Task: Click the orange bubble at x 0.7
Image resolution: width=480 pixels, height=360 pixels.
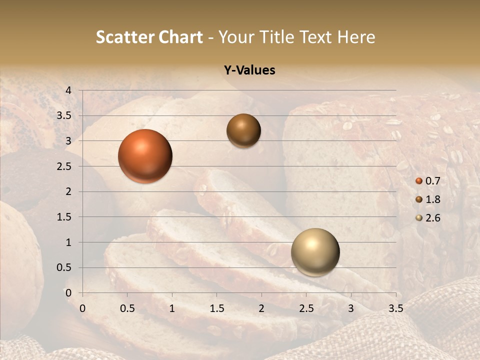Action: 145,156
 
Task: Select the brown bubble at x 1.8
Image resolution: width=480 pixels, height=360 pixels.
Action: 243,130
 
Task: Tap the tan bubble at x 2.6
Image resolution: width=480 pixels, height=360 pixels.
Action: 315,252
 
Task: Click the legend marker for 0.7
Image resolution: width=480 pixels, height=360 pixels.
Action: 419,181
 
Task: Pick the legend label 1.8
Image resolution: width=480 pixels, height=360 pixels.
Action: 432,199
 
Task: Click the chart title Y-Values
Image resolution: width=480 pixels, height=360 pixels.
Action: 249,70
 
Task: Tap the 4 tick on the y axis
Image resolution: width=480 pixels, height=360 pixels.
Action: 68,90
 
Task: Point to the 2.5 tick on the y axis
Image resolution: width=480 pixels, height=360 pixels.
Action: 64,166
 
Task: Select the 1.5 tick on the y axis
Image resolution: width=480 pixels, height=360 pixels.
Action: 64,217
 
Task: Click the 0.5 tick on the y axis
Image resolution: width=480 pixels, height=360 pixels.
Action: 64,267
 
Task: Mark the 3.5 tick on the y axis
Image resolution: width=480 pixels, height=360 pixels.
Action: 64,115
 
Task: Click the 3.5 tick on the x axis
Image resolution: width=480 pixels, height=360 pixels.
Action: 395,308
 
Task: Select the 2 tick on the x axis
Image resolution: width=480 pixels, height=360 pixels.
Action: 261,308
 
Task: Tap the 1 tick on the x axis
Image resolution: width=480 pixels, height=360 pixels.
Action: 172,308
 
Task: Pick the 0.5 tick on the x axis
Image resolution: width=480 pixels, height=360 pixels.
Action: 127,308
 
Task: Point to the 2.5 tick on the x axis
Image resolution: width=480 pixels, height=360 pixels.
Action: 306,308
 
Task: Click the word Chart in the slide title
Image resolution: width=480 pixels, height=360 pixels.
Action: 181,37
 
